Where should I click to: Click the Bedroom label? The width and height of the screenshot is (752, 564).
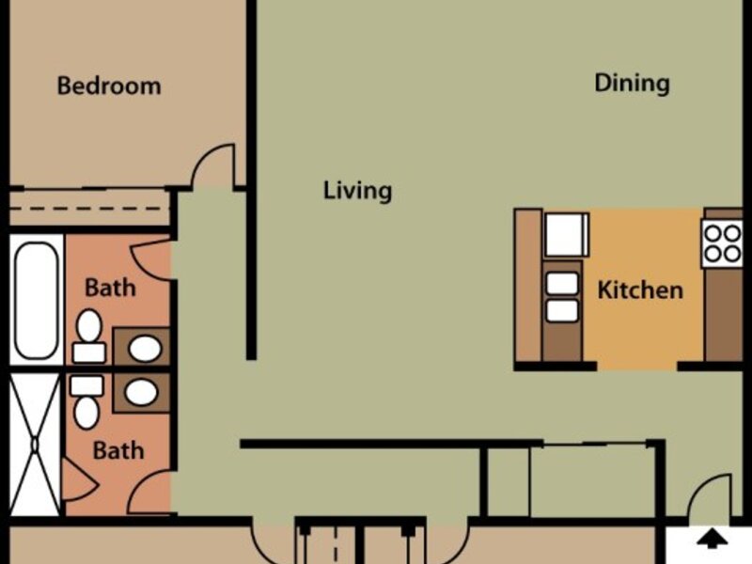pyautogui.click(x=109, y=86)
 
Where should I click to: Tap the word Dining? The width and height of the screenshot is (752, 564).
pyautogui.click(x=632, y=83)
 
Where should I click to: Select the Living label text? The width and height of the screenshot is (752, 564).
pyautogui.click(x=357, y=191)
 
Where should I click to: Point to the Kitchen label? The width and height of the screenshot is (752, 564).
pyautogui.click(x=640, y=289)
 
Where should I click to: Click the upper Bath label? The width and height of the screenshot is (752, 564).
pyautogui.click(x=110, y=287)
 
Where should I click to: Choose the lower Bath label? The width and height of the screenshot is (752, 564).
pyautogui.click(x=118, y=450)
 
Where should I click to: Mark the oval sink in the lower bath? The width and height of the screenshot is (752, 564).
pyautogui.click(x=142, y=392)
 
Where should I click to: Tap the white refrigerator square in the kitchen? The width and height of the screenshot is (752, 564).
pyautogui.click(x=567, y=234)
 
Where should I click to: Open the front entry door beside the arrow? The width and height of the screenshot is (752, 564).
pyautogui.click(x=710, y=498)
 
